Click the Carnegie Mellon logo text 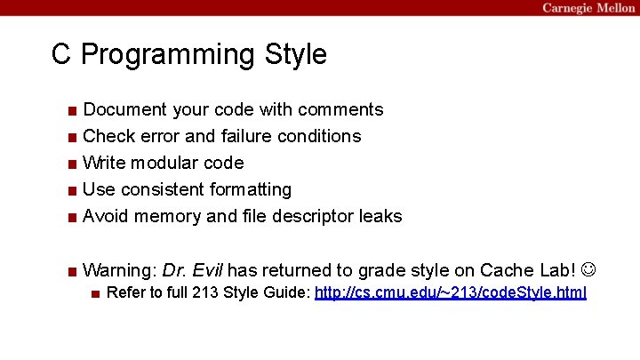point(588,8)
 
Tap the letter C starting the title point(61,55)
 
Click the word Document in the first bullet point(124,109)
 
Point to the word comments point(340,109)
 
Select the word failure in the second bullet point(246,136)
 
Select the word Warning point(119,269)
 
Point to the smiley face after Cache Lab point(590,269)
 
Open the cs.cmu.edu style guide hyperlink point(451,292)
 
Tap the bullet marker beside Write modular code point(71,164)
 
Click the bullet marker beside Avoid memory point(71,217)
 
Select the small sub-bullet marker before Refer point(95,293)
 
